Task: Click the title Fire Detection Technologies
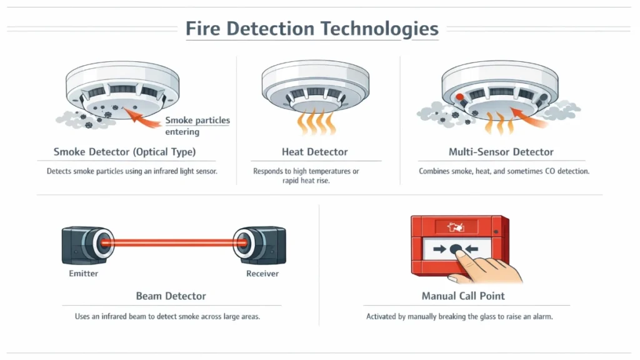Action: pyautogui.click(x=312, y=29)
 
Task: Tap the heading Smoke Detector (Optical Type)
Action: pyautogui.click(x=124, y=152)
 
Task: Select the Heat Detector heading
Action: pyautogui.click(x=314, y=152)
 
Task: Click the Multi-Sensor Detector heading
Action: pyautogui.click(x=501, y=152)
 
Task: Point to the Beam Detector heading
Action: pyautogui.click(x=171, y=296)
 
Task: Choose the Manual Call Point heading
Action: pyautogui.click(x=463, y=296)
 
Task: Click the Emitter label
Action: pyautogui.click(x=83, y=274)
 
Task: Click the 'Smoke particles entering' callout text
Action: pyautogui.click(x=197, y=126)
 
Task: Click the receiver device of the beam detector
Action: pyautogui.click(x=259, y=242)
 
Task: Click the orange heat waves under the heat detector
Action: pyautogui.click(x=315, y=122)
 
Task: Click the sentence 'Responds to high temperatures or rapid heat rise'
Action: pyautogui.click(x=306, y=176)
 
